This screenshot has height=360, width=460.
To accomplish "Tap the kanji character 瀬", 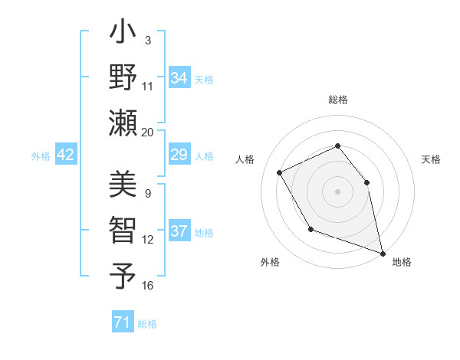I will [x=123, y=122].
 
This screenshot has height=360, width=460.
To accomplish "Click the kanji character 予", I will [x=123, y=274].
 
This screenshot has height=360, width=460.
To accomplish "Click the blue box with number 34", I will [x=179, y=78].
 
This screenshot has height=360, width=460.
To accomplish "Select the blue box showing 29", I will [x=179, y=155].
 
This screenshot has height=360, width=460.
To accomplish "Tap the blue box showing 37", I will [x=179, y=231].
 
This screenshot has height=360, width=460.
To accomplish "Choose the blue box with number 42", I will [x=66, y=155].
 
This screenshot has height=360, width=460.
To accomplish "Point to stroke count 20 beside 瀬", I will [x=148, y=132].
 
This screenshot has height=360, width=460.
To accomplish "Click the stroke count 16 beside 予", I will [x=148, y=286].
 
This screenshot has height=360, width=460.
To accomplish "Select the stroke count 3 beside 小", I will [x=147, y=40].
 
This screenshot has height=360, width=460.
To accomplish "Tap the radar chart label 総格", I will [x=337, y=100].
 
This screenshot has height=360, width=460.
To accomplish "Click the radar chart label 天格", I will [x=431, y=159].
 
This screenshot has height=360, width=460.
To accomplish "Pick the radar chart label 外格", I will [x=270, y=262].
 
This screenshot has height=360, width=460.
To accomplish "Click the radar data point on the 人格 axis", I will [x=280, y=172].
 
